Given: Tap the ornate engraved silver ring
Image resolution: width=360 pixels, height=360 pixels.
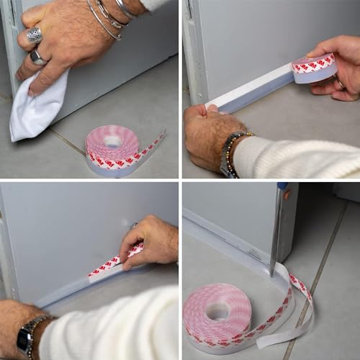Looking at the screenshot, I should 34,35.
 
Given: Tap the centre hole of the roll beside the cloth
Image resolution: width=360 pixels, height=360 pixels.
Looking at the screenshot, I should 113,141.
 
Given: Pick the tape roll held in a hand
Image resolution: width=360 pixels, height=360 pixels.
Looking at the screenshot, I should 314,68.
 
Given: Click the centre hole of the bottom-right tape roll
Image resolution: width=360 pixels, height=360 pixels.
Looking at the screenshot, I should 218,310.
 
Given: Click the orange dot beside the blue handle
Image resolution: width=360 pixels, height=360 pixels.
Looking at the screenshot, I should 287,194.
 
